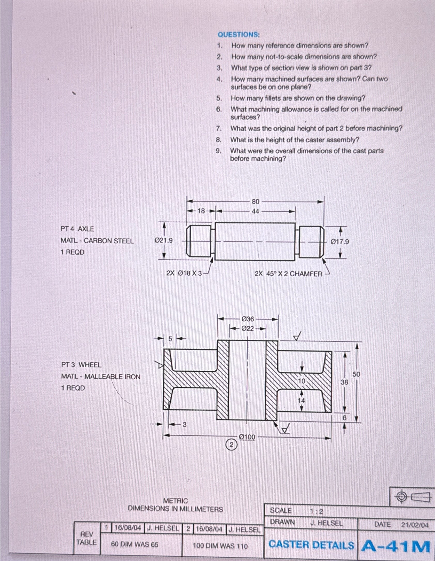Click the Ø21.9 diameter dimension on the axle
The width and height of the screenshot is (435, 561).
(163, 241)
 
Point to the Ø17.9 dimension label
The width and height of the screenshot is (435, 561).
(340, 242)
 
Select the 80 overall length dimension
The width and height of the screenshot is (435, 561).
(255, 201)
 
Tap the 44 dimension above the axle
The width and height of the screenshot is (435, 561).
(255, 211)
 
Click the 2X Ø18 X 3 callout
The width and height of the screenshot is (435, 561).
(184, 273)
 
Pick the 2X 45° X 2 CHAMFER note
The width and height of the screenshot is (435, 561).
(288, 274)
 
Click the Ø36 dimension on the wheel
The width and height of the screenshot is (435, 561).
(248, 319)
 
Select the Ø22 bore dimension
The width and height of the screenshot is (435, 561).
(248, 329)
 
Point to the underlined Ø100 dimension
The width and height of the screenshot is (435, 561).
(247, 437)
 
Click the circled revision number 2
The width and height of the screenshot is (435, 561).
(232, 445)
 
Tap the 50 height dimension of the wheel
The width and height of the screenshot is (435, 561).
(356, 374)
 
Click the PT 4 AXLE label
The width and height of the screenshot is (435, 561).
(77, 229)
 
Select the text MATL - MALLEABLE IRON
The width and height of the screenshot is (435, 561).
(101, 377)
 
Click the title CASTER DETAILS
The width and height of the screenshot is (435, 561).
(311, 545)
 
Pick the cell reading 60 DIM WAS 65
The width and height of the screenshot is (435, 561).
(135, 544)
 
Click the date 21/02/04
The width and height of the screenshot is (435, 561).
(415, 525)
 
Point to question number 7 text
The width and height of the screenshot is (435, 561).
(316, 128)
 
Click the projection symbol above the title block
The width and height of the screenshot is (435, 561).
(412, 496)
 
